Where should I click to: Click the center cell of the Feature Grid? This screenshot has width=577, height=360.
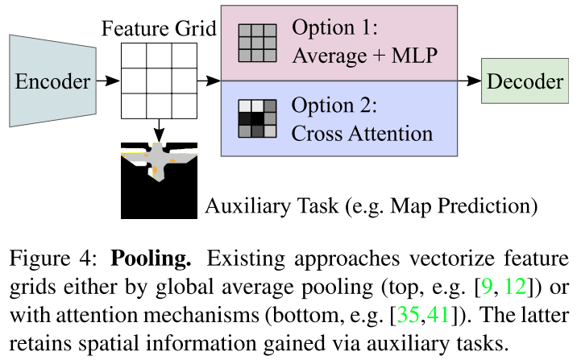(160, 81)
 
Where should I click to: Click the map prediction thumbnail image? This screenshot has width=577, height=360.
(160, 180)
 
